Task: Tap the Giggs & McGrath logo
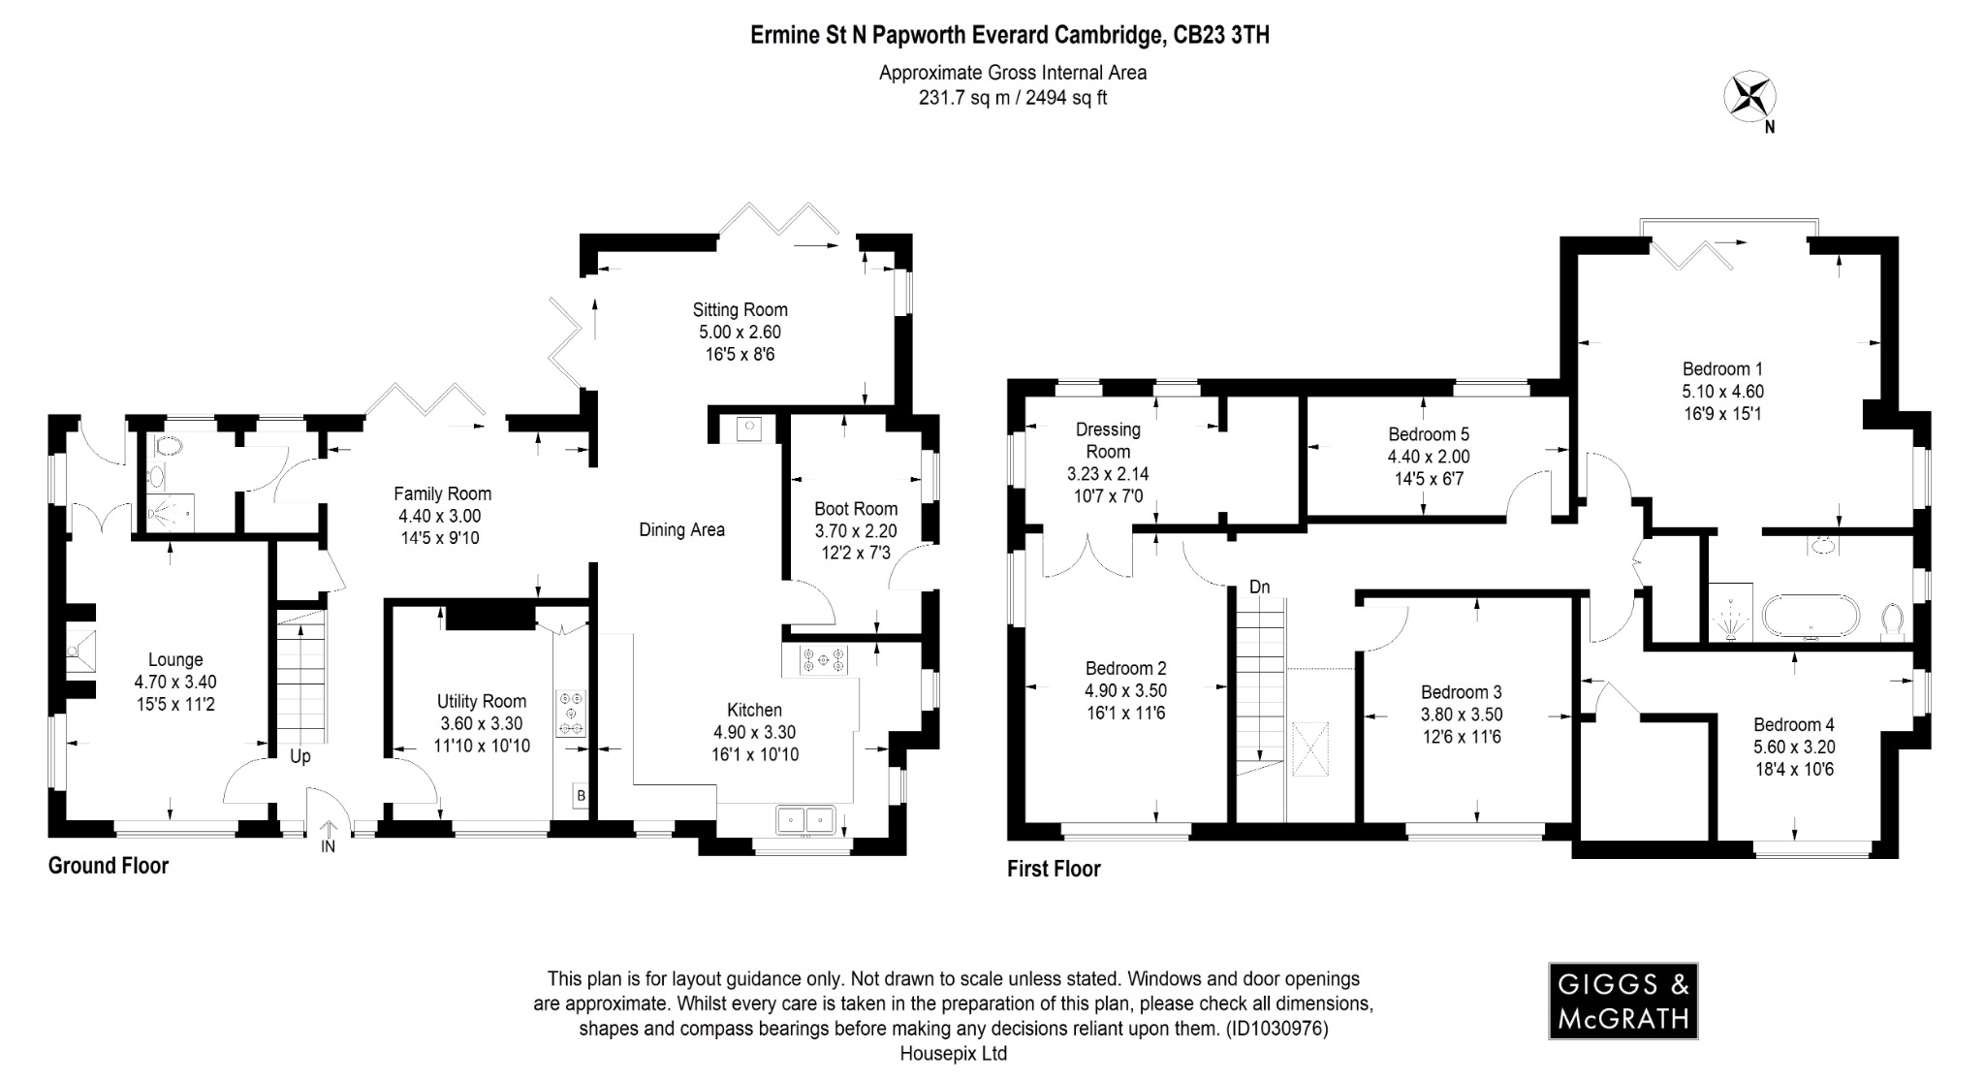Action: click(x=1623, y=1001)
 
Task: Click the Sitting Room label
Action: click(x=740, y=310)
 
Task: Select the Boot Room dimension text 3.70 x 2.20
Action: click(x=856, y=530)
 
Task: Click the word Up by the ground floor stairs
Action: click(x=300, y=756)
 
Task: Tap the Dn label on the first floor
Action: click(x=1259, y=587)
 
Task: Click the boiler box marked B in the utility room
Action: click(x=581, y=796)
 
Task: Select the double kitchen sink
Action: click(x=805, y=820)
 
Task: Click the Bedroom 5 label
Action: click(x=1428, y=434)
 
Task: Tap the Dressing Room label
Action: click(x=1108, y=440)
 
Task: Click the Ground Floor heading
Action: click(x=109, y=866)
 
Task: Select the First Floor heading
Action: click(x=1054, y=869)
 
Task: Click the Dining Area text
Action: click(x=681, y=529)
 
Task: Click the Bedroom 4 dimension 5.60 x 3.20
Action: click(x=1793, y=747)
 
